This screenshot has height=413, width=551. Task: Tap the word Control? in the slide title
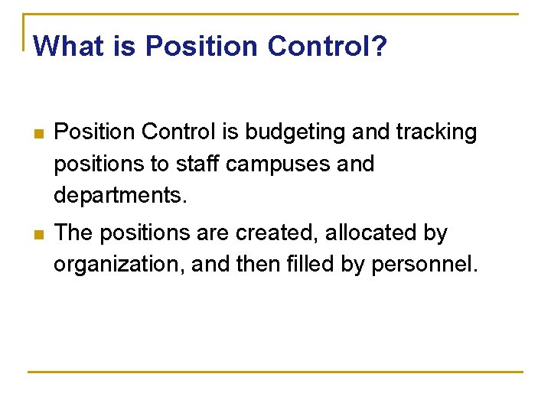click(328, 47)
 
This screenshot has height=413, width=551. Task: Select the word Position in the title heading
click(202, 47)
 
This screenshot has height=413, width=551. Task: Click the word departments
click(119, 197)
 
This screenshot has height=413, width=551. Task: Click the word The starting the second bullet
click(74, 233)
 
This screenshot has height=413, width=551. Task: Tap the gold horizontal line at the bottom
click(275, 372)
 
